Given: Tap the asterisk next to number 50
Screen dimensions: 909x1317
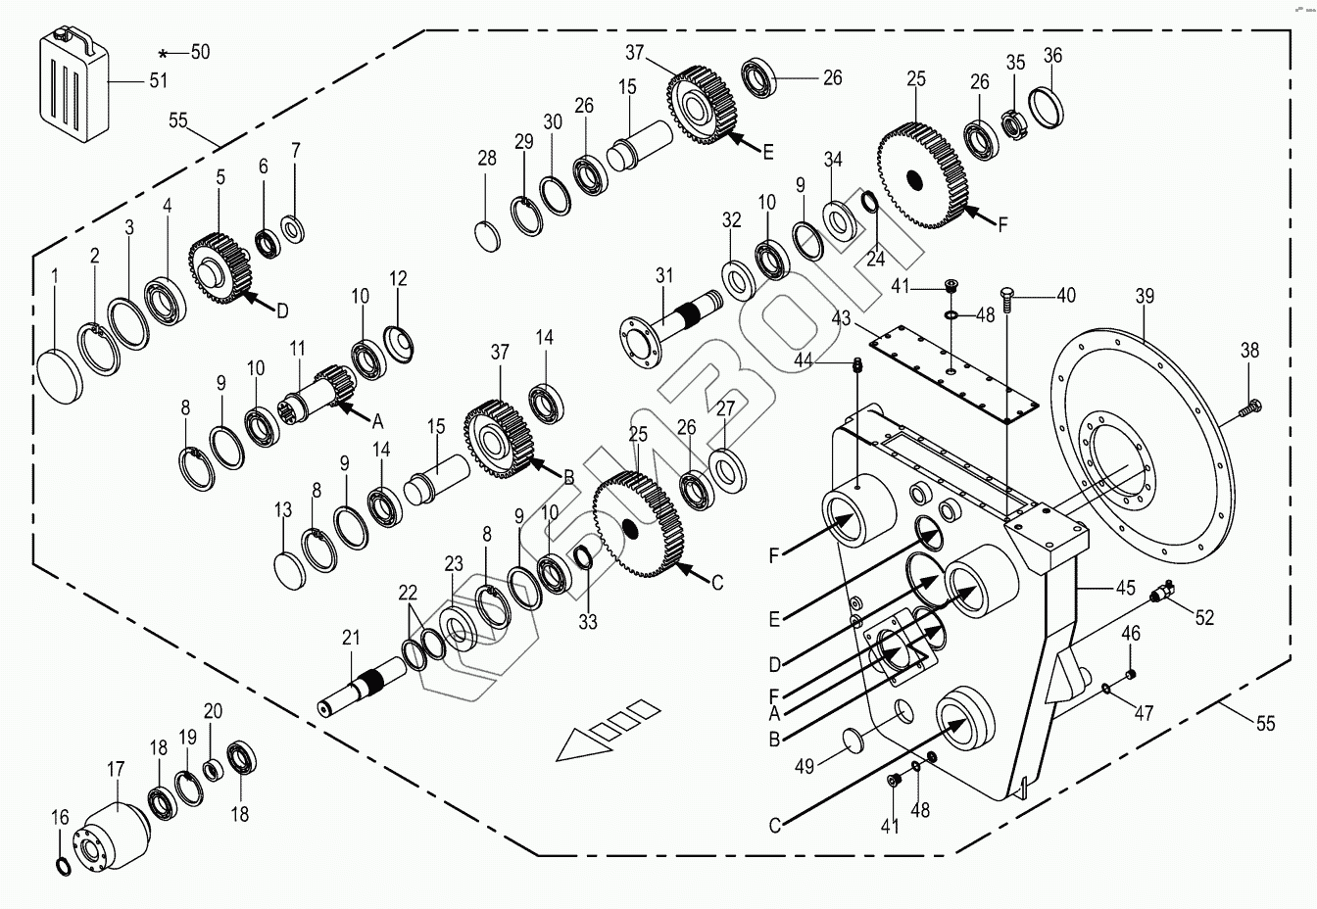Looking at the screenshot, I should [164, 55].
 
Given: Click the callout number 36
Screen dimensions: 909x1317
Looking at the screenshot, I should [1052, 55].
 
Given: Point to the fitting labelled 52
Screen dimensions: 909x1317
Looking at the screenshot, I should [1165, 590].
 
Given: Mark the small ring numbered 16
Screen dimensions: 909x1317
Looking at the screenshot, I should [61, 866].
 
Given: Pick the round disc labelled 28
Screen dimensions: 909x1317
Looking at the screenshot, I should [488, 236].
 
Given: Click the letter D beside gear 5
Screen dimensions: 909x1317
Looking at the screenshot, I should [282, 311].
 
